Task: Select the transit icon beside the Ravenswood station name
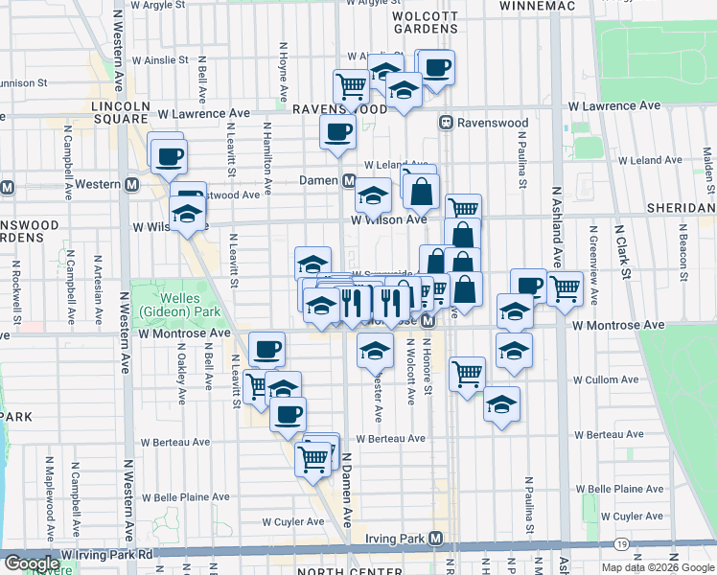[x=446, y=123]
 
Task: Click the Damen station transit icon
[x=350, y=180]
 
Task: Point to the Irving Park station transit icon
[x=436, y=539]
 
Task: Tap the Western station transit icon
[x=131, y=184]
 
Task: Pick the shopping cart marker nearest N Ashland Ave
[x=565, y=286]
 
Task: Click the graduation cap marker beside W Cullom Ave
[x=500, y=404]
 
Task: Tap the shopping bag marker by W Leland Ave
[x=421, y=191]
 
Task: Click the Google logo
[x=32, y=563]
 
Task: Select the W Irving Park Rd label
[x=106, y=554]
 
